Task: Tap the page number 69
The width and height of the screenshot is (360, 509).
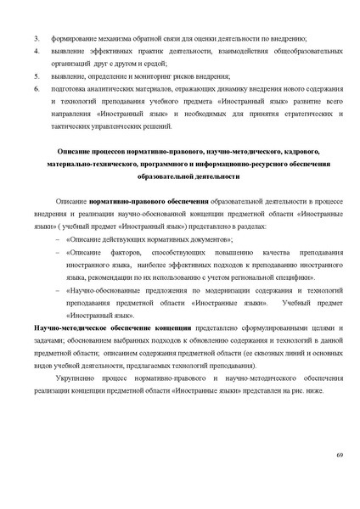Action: click(x=339, y=457)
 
